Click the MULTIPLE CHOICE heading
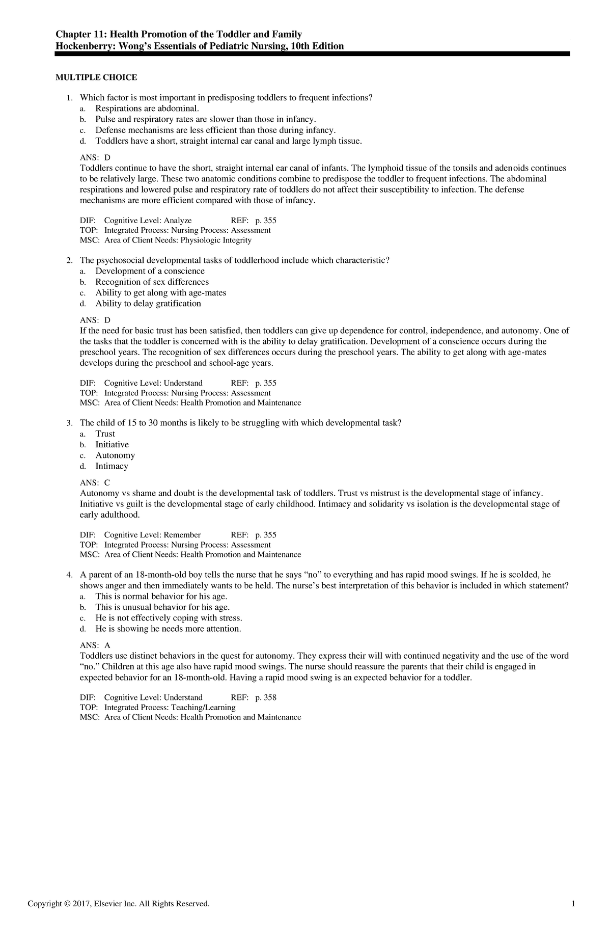coord(96,77)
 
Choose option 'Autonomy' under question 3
coord(115,455)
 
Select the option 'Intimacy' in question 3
coord(112,466)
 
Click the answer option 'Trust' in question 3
coord(105,434)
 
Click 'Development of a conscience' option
coord(150,271)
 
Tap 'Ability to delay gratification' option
coord(148,304)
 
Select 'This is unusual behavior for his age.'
coord(162,607)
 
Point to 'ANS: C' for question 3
coord(95,482)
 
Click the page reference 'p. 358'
coord(265,697)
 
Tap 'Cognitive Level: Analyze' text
coord(148,221)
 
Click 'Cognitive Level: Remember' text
coord(152,535)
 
